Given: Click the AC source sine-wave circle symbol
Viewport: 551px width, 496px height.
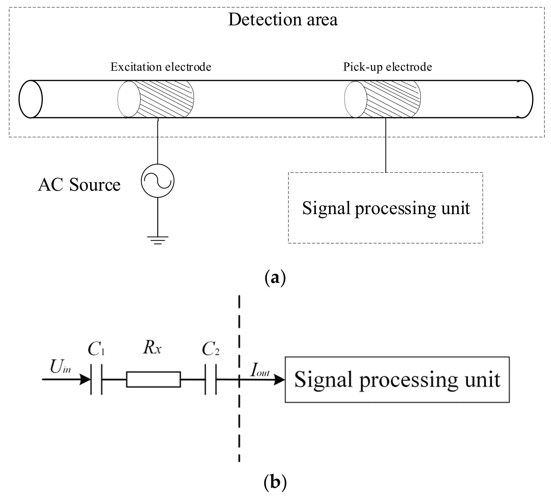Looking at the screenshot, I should click(158, 181).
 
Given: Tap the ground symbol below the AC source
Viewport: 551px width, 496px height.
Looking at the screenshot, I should click(158, 240).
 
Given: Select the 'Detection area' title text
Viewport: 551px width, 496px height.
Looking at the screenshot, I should click(283, 20).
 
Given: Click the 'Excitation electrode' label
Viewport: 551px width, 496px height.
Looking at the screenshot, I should click(161, 67).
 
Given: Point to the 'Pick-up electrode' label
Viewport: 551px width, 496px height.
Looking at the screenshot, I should click(387, 67).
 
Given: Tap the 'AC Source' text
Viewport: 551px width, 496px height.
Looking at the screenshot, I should click(79, 185).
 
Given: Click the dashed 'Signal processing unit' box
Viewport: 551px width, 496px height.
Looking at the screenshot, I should click(385, 208).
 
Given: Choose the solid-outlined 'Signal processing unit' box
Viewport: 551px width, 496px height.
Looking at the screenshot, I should click(397, 380).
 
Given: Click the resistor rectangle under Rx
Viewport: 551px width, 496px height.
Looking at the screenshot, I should click(153, 379).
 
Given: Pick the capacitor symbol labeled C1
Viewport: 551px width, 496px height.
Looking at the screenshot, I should click(96, 379).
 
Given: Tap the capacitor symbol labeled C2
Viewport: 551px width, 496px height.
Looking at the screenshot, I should click(211, 379).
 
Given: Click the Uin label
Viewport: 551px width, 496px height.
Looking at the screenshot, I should click(60, 367).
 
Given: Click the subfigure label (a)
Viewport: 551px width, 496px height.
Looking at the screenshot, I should click(275, 278).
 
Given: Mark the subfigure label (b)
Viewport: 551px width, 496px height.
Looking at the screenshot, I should click(275, 482).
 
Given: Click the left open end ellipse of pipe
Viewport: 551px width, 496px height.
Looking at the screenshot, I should click(31, 99).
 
